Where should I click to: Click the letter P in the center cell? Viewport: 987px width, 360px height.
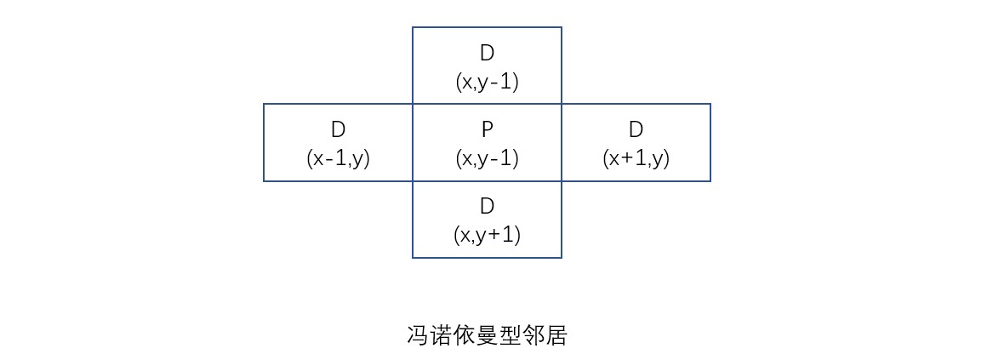click(487, 129)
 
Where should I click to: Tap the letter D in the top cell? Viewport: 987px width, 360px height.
click(487, 53)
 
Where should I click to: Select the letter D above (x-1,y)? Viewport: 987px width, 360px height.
click(338, 129)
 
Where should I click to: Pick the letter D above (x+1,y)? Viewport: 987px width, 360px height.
click(636, 129)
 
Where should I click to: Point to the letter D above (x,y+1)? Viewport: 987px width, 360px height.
click(487, 206)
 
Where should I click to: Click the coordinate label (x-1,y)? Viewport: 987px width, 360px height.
click(338, 158)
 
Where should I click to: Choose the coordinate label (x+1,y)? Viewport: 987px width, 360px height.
click(636, 158)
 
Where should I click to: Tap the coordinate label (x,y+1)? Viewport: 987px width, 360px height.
click(487, 235)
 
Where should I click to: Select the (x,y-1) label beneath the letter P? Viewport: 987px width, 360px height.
click(487, 158)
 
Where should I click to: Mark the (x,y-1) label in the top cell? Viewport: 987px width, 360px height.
click(487, 82)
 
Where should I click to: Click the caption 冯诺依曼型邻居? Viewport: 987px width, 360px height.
click(487, 335)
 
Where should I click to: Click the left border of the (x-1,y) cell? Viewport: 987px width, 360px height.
click(264, 142)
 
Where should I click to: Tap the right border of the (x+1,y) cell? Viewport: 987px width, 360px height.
click(710, 142)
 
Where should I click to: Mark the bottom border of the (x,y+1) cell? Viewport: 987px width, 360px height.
click(487, 256)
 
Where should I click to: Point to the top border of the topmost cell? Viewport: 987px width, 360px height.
click(487, 27)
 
